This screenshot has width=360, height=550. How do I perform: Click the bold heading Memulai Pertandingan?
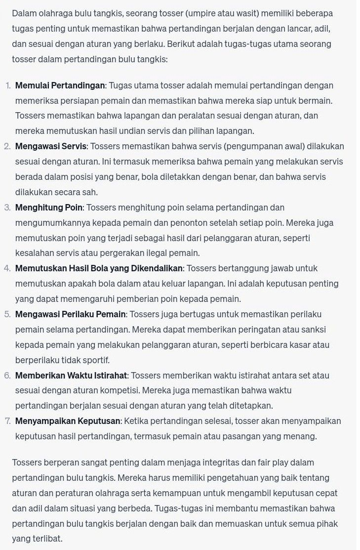pos(60,85)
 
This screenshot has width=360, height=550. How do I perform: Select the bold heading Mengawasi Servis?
pos(51,146)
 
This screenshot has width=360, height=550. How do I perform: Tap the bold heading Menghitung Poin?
pos(49,208)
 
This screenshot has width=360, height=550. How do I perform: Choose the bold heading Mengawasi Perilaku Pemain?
pos(71,314)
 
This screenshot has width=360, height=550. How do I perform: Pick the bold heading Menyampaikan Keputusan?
pos(68,421)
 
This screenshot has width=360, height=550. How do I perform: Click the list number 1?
pos(8,85)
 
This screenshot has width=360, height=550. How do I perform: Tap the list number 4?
pos(7,268)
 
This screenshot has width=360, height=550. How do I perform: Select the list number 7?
pos(7,421)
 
